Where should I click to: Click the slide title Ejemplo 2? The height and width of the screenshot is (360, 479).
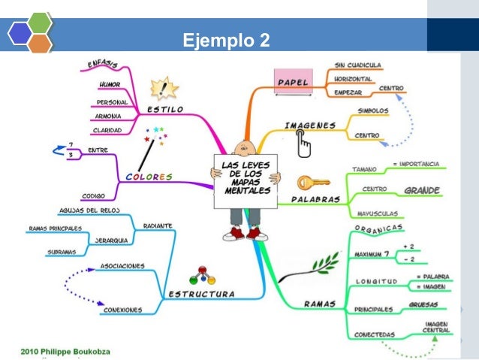[x=226, y=38]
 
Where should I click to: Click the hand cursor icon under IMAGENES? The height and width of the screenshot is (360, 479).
[x=304, y=143]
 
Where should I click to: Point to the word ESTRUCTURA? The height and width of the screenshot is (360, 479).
[x=200, y=293]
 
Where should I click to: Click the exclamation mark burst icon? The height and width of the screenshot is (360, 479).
[x=164, y=90]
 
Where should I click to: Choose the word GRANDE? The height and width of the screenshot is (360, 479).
[x=422, y=190]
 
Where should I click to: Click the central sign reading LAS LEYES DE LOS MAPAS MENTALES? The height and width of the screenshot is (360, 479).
[x=246, y=177]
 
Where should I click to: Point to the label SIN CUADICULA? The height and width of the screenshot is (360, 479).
[x=358, y=65]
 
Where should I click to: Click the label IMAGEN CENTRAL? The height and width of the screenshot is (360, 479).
[x=436, y=328]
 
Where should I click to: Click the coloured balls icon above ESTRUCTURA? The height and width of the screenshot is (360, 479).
[x=201, y=274]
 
